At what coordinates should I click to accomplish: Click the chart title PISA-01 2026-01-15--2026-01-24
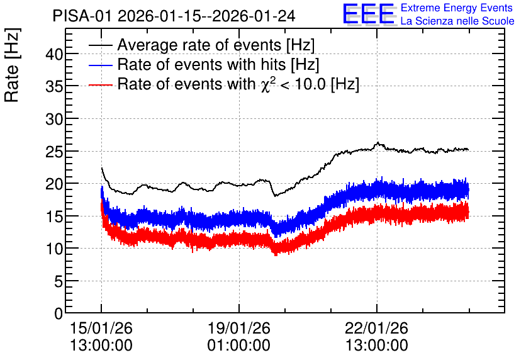174,16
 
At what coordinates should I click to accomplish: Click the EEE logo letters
369,14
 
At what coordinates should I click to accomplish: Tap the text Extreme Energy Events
457,8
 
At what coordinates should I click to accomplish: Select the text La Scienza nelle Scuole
457,21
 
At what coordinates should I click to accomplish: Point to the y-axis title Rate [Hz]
12,65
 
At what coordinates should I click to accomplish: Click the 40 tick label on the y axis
54,53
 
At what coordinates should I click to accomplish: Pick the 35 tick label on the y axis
54,86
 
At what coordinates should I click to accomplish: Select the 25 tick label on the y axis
54,151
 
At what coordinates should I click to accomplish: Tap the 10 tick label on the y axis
54,249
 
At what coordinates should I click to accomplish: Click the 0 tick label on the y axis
59,313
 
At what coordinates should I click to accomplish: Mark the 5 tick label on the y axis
59,281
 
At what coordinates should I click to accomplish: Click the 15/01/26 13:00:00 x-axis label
101,337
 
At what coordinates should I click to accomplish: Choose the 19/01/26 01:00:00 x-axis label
239,337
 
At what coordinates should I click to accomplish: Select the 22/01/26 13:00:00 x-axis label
377,337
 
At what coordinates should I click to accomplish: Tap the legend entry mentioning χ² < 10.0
238,84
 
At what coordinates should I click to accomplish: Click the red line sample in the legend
100,85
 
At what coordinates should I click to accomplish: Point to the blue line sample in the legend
100,65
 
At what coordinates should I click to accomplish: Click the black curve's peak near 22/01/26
378,143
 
